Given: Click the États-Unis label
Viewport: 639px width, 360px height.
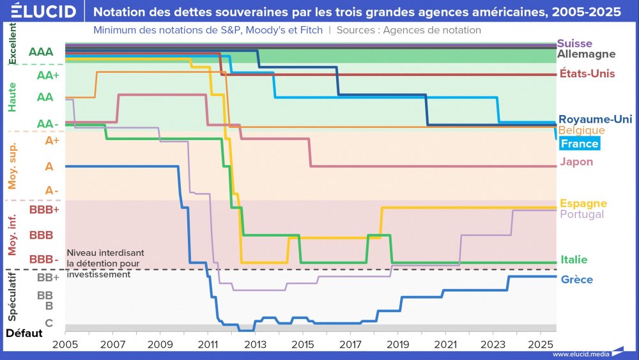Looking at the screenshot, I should [x=587, y=74].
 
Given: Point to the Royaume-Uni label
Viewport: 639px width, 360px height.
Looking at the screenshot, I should [x=595, y=119].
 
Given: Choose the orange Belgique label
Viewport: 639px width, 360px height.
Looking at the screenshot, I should [x=581, y=130].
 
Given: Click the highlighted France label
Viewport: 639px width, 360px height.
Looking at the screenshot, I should [x=579, y=144].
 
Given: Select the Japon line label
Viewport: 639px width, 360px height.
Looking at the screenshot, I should [x=576, y=162].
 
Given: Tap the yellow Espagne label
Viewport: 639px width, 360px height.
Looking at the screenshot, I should [x=583, y=203].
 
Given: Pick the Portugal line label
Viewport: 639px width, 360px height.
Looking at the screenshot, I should [x=581, y=214].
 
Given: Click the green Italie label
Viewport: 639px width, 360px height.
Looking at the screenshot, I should [x=574, y=260].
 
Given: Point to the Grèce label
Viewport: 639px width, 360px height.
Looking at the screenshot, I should [x=576, y=279].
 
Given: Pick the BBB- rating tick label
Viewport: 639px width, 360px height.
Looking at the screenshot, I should [x=43, y=260].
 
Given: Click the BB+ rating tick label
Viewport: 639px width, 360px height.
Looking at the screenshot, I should [x=48, y=278].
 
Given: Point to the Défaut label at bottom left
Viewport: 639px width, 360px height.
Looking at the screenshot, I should [x=24, y=333].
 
